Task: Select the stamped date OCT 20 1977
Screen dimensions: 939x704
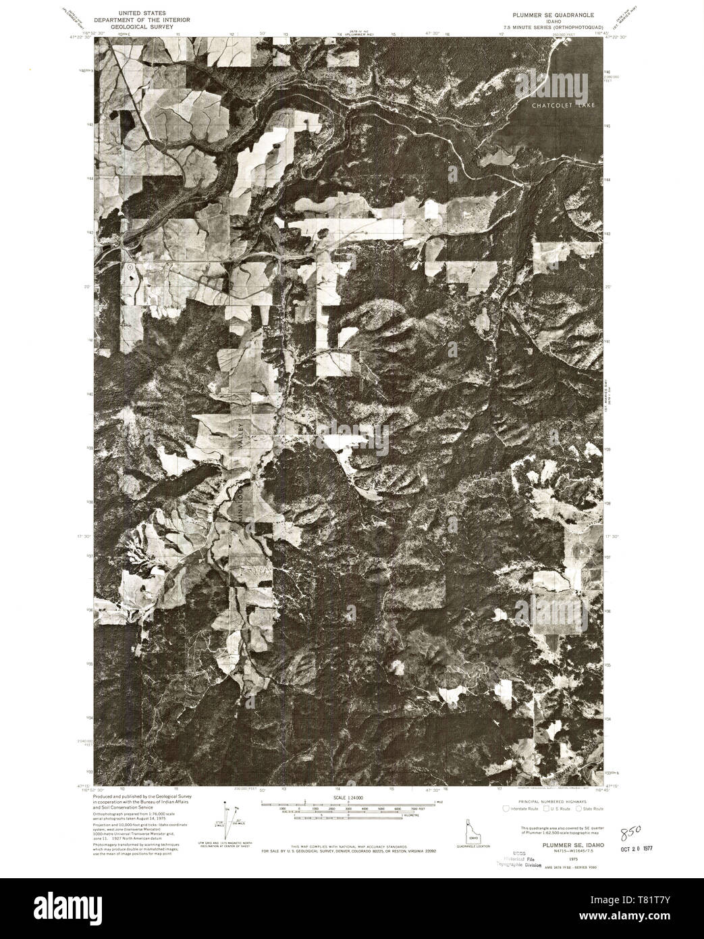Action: click(x=639, y=847)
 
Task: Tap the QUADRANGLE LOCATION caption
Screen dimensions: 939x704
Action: click(x=470, y=846)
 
